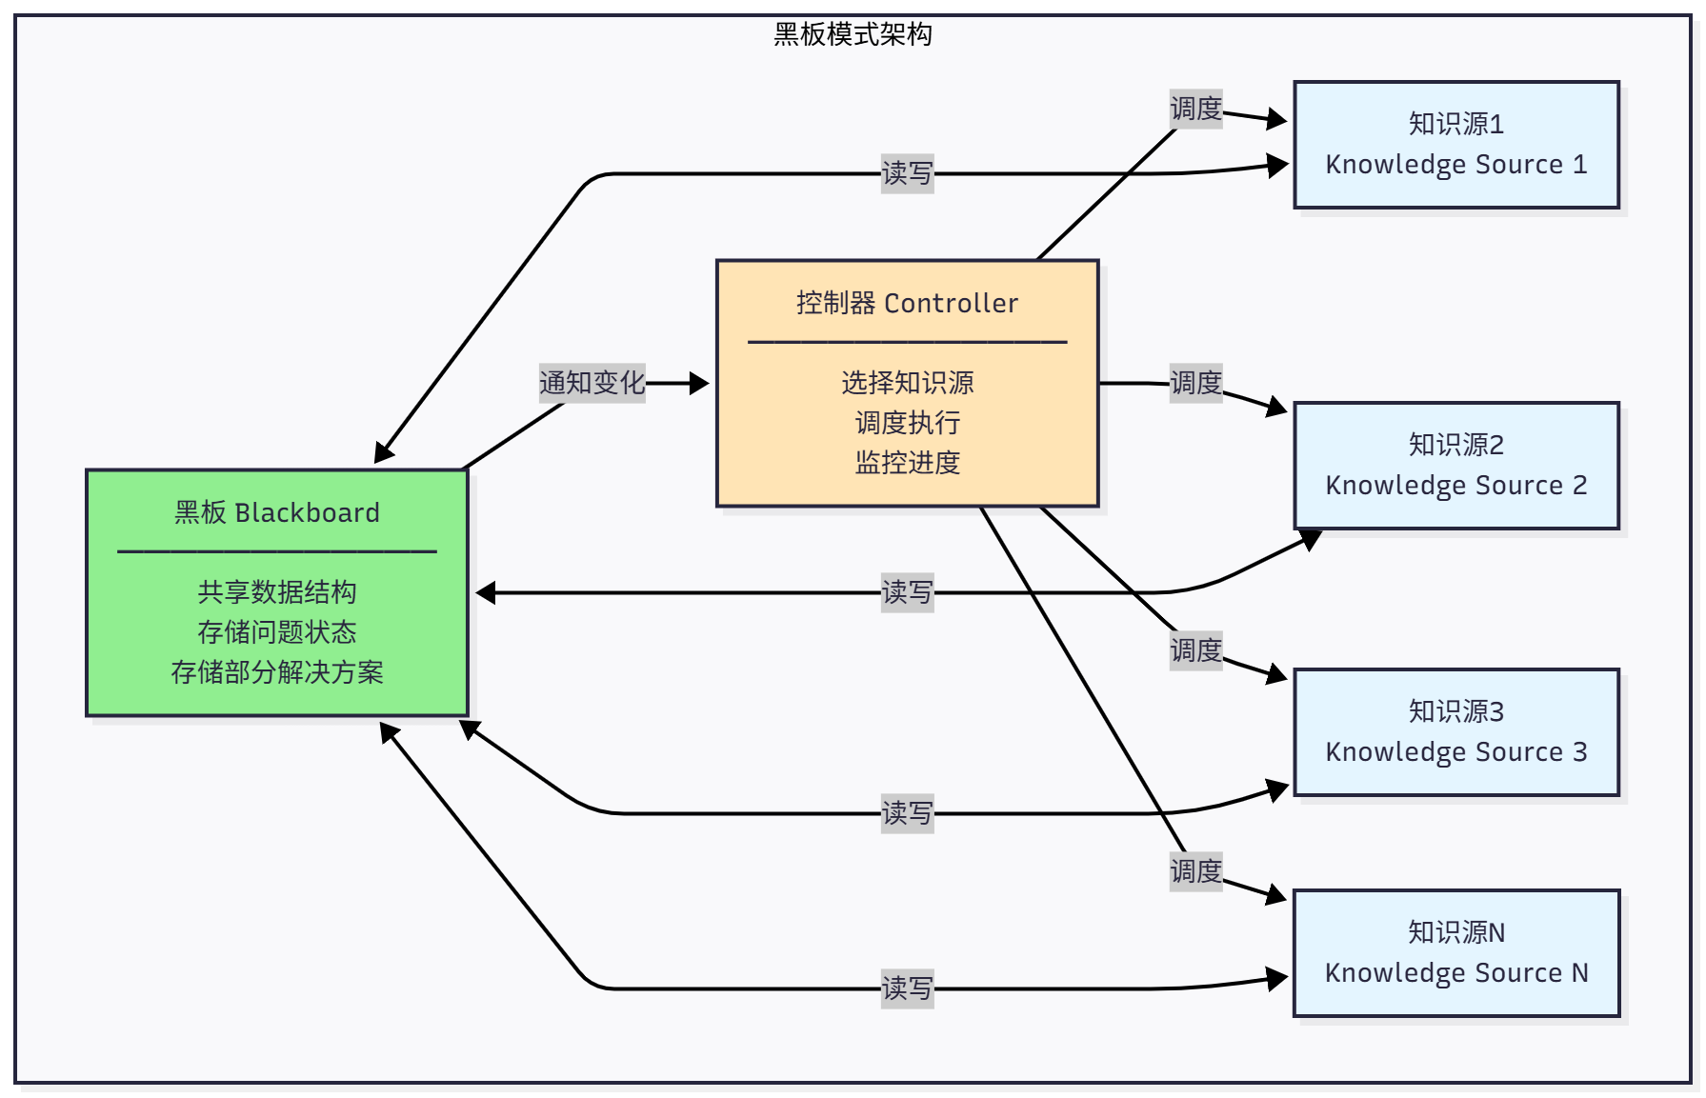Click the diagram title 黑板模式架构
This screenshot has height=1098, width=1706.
coord(853,34)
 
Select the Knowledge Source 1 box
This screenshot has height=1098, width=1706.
coord(1455,145)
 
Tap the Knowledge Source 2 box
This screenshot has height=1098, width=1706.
coord(1455,466)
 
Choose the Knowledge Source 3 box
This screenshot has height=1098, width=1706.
coord(1455,732)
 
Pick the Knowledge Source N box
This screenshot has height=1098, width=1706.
coord(1455,953)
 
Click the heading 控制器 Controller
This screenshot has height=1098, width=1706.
coord(907,303)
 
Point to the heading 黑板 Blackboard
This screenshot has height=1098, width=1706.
coord(276,512)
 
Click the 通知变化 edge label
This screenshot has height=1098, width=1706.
coord(592,383)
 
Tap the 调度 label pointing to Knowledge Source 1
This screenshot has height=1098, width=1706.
coord(1195,109)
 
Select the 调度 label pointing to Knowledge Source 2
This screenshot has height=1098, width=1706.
coord(1195,383)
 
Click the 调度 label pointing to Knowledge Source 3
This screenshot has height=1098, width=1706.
coord(1195,650)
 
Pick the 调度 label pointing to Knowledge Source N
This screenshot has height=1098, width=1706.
coord(1195,871)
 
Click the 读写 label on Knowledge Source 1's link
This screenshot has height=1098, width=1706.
coord(907,173)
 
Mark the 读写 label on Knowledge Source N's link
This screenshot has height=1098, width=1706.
coord(907,988)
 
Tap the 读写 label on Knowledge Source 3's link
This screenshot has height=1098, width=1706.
coord(907,813)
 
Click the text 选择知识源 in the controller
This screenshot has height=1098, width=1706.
coord(907,383)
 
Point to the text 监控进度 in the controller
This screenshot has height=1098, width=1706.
coord(907,463)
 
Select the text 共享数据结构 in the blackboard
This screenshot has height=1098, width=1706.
coord(276,592)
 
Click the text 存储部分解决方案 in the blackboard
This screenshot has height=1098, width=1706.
coord(276,672)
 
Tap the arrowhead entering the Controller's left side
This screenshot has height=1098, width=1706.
coord(700,383)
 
